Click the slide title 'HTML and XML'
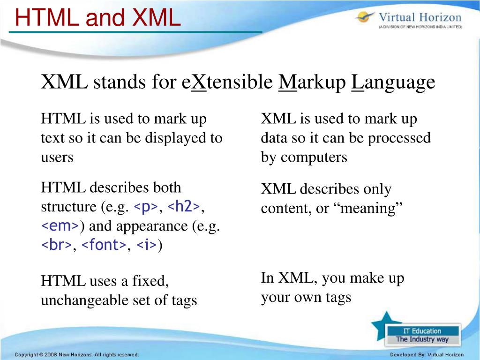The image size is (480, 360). [97, 17]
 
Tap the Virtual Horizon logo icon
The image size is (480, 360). [364, 17]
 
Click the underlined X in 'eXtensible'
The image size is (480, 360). [200, 83]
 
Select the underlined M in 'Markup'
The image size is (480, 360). [287, 83]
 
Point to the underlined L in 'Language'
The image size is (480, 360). [357, 83]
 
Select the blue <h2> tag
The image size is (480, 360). [184, 207]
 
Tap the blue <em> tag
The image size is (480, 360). [60, 226]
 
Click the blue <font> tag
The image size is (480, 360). [104, 245]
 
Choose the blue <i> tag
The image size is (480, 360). [147, 245]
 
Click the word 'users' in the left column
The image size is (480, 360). [57, 157]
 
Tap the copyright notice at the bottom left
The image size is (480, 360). [76, 355]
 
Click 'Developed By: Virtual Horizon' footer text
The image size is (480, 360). [427, 355]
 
